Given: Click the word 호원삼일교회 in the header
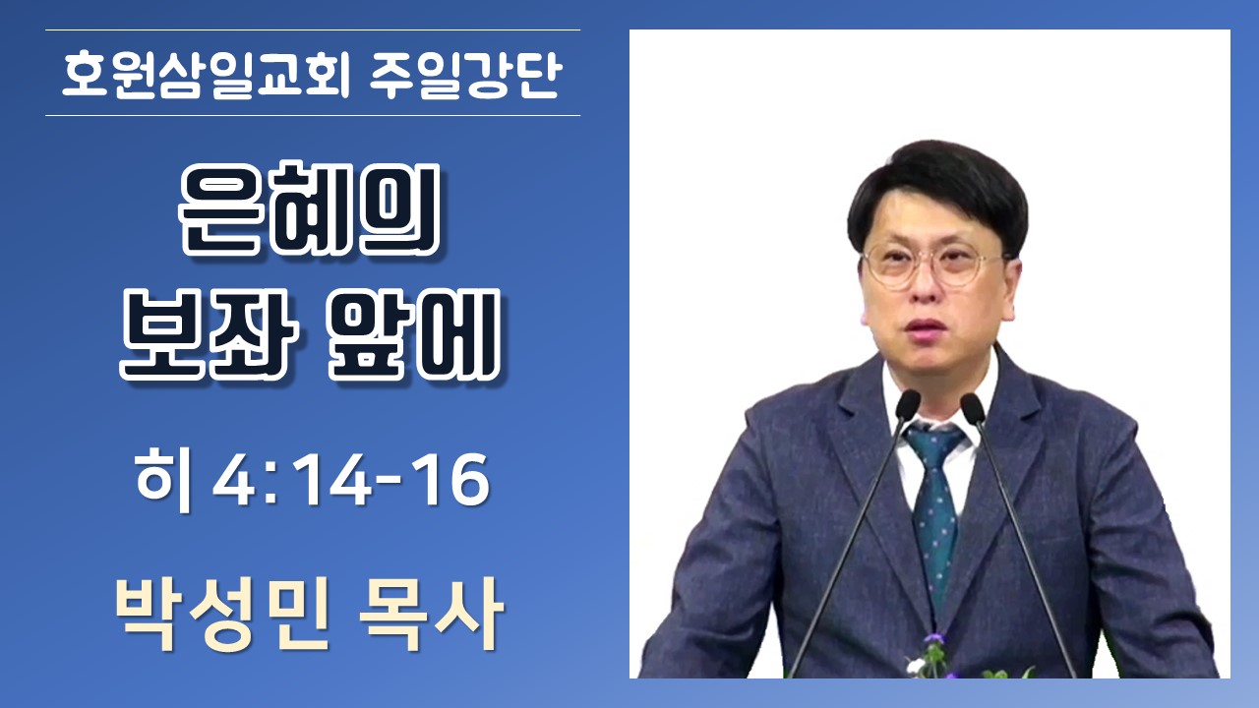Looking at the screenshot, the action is pos(206,76).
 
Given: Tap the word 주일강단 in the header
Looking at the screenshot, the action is pos(466,76).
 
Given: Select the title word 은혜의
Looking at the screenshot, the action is pos(309,209).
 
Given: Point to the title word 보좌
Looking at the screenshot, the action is pos(209,334).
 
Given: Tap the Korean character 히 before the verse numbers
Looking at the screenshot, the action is pos(163,482).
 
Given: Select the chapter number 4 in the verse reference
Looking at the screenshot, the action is pos(234,481).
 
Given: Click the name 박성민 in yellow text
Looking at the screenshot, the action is pos(222,616).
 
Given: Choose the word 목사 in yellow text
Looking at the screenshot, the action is pos(431,616).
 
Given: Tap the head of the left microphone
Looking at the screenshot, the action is pos(907,404).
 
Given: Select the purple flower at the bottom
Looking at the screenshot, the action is pos(935,639).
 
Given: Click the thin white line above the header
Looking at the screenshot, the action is pos(313,29).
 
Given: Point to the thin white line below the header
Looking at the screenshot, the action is pos(313,116).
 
